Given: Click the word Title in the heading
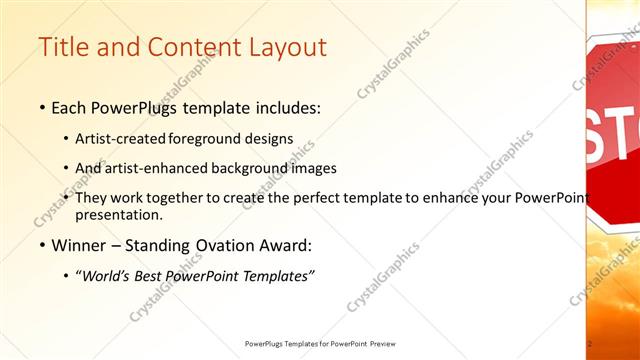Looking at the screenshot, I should click(63, 48).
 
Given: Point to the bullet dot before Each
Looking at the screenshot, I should click(42, 107).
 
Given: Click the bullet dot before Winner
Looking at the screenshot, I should click(42, 245).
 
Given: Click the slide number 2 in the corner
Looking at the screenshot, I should click(590, 344).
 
